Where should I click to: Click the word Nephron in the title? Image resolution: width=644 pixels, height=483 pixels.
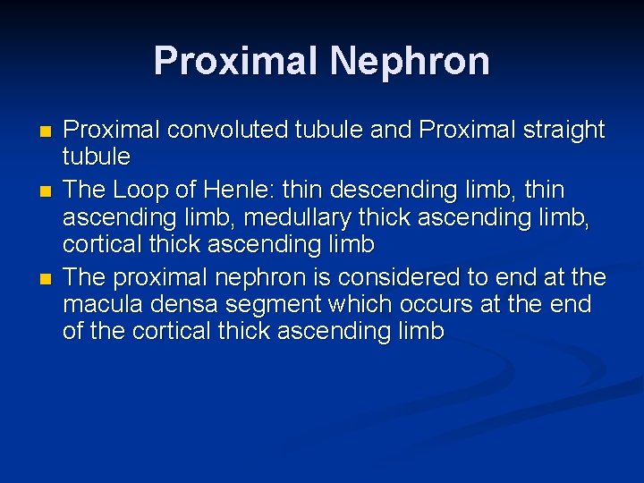410,62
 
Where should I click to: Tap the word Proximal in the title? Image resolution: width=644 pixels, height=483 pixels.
235,62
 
